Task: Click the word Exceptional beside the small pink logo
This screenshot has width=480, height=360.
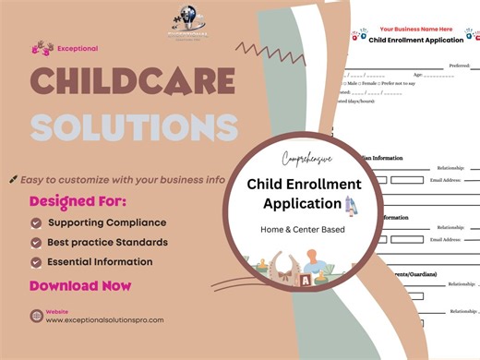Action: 78,48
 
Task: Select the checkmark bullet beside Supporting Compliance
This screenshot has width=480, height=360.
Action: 36,222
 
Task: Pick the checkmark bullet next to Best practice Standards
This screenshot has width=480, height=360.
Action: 36,242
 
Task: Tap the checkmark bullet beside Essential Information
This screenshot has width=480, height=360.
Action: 36,261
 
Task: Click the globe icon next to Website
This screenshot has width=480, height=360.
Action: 35,316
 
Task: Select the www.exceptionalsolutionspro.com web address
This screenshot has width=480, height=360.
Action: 104,320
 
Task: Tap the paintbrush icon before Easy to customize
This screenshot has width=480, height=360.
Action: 13,179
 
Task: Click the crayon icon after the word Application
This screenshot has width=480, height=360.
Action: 350,204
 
